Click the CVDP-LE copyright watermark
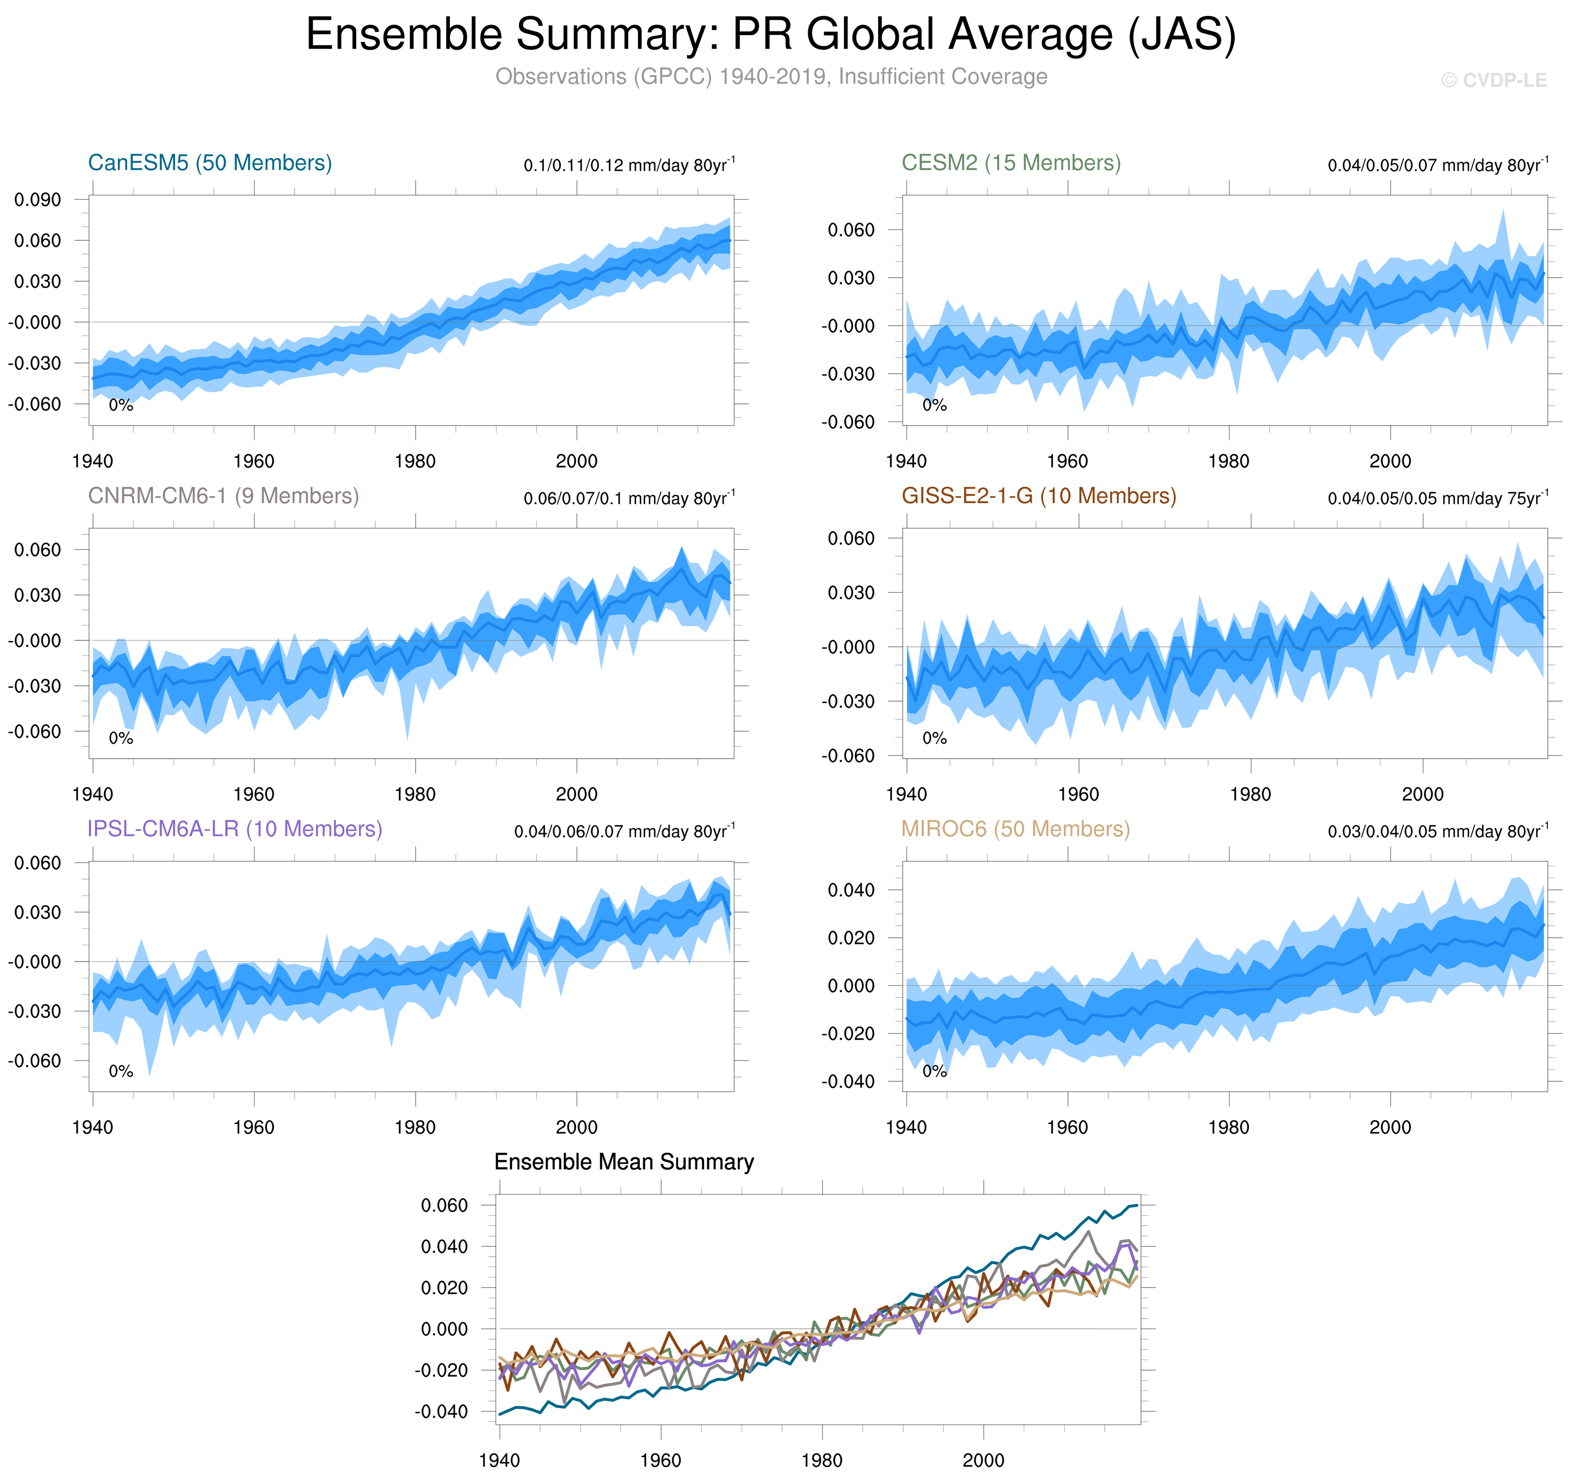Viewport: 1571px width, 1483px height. pyautogui.click(x=1493, y=81)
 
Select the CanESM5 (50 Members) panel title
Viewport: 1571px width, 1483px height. pyautogui.click(x=209, y=163)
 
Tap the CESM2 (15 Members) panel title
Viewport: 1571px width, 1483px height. pyautogui.click(x=1011, y=163)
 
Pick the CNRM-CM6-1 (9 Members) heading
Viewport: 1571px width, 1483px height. pyautogui.click(x=223, y=496)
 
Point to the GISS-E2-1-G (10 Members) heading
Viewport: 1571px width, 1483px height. pyautogui.click(x=1038, y=496)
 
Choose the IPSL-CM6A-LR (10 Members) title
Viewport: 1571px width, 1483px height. pyautogui.click(x=235, y=829)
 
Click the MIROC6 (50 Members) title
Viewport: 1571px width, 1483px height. pyautogui.click(x=1016, y=829)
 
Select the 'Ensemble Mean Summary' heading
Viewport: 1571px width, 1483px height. pyautogui.click(x=623, y=1161)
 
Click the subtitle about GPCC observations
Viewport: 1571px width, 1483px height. pyautogui.click(x=771, y=77)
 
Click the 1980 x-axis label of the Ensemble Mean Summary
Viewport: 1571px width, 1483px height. pyautogui.click(x=822, y=1459)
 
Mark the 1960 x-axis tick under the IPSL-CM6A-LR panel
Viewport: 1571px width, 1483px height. pyautogui.click(x=254, y=1127)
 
